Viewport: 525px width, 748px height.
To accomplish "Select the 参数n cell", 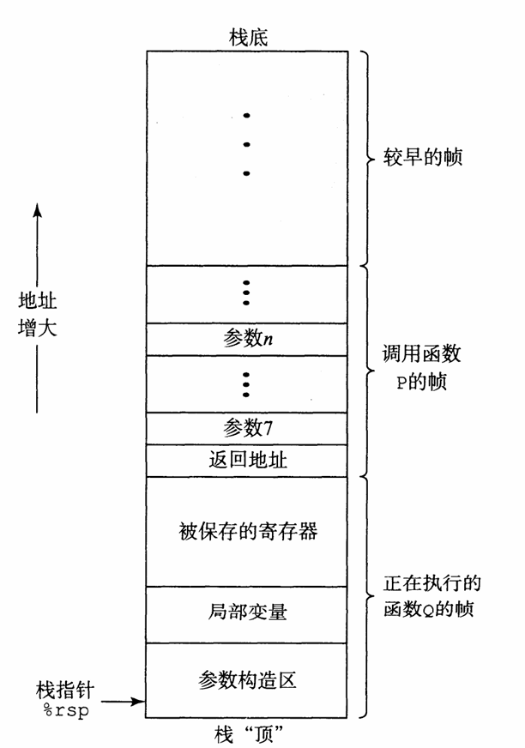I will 247,338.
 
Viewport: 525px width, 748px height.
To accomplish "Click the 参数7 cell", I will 247,426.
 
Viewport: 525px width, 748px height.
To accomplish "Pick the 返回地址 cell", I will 247,459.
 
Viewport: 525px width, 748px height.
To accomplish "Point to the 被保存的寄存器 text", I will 247,531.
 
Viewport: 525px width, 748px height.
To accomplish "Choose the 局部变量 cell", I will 247,612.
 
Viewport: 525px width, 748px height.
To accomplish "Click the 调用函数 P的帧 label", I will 419,366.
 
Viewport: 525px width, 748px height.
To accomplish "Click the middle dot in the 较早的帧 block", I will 246,144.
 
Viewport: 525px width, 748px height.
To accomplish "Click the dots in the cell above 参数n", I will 246,293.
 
